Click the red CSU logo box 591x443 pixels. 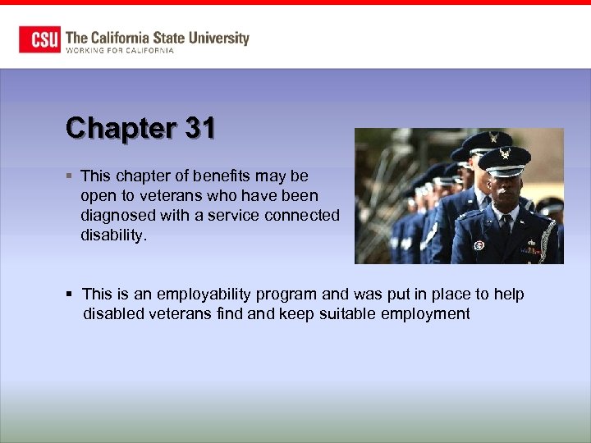(x=39, y=39)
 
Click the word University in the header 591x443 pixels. (x=216, y=38)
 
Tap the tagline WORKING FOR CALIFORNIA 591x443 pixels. (x=120, y=51)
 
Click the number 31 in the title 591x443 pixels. (x=199, y=128)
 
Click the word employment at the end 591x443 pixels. (x=429, y=314)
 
